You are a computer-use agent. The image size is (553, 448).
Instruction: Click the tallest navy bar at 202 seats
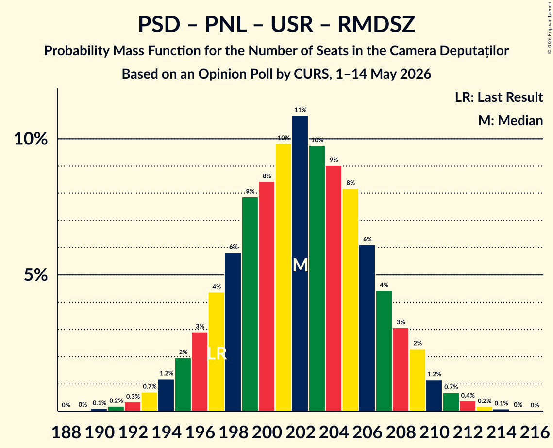click(x=300, y=263)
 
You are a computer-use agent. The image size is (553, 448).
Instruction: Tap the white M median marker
click(x=300, y=265)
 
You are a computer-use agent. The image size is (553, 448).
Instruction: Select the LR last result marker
click(x=217, y=353)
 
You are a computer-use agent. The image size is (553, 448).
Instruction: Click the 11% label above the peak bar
click(x=300, y=110)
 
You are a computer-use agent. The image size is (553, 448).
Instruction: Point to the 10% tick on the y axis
click(x=31, y=139)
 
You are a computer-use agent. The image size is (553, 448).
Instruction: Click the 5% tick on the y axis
click(x=35, y=275)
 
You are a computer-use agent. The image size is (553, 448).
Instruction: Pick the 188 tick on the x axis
click(x=67, y=432)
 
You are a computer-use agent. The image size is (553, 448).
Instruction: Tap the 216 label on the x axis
click(x=535, y=432)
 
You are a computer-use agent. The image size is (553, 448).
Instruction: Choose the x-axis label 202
click(x=301, y=432)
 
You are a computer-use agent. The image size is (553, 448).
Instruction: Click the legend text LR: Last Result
click(x=499, y=97)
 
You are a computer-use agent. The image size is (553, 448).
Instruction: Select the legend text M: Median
click(x=510, y=120)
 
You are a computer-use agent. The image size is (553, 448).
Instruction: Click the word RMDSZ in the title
click(x=376, y=24)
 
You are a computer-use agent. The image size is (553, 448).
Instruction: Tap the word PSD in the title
click(x=159, y=24)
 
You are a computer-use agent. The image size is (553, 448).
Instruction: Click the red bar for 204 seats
click(x=334, y=288)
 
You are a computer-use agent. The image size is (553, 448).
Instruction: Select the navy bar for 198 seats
click(x=233, y=332)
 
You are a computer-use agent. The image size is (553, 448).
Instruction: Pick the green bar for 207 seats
click(x=384, y=351)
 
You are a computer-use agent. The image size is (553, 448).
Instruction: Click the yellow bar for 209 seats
click(x=417, y=380)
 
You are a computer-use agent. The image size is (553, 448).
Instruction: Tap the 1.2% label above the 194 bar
click(x=167, y=373)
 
